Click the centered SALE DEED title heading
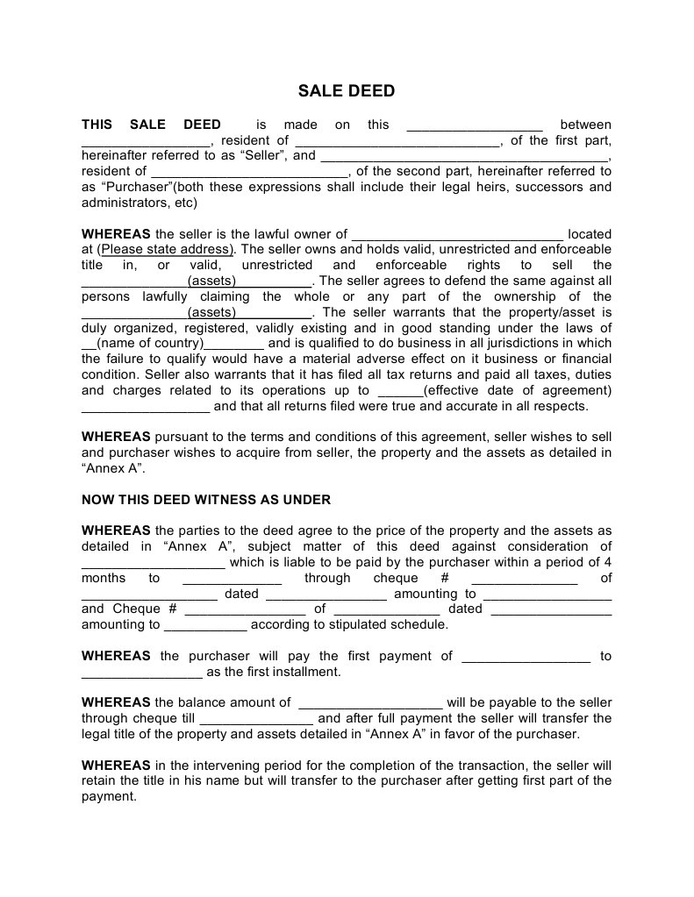point(347,91)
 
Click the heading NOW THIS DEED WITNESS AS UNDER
point(206,500)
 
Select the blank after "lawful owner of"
point(456,234)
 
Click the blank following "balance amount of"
point(370,702)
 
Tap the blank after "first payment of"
point(526,656)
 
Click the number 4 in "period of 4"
point(608,562)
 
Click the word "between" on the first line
point(585,125)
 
